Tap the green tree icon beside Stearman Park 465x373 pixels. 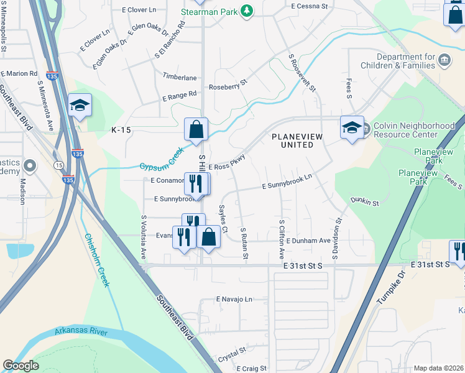(247, 11)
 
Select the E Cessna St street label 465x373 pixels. (309, 6)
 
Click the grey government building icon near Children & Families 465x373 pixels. (444, 60)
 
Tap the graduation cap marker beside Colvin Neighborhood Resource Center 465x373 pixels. (352, 128)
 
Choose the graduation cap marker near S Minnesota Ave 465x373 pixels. (80, 106)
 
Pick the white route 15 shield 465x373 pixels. (58, 165)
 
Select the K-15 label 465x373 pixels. (122, 130)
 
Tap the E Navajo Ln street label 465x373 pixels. (234, 299)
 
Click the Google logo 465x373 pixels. (21, 366)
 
